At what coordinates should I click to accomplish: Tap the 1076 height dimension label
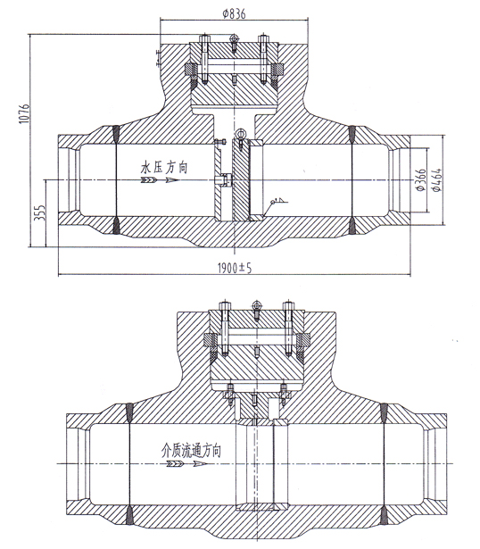tap(24, 113)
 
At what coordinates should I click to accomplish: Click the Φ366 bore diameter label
tap(420, 181)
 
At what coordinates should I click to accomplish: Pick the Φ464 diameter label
tap(437, 181)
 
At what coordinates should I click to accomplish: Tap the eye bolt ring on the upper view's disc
tap(240, 135)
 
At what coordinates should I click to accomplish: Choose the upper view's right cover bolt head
tap(263, 38)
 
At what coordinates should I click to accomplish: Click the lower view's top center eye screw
tap(255, 306)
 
